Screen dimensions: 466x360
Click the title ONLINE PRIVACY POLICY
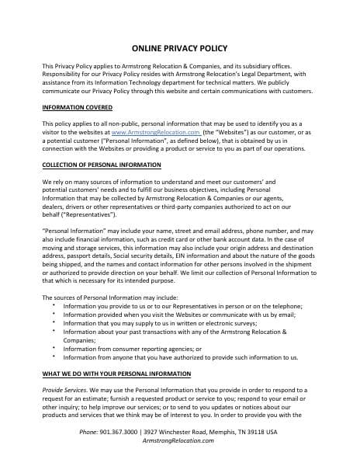point(179,47)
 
